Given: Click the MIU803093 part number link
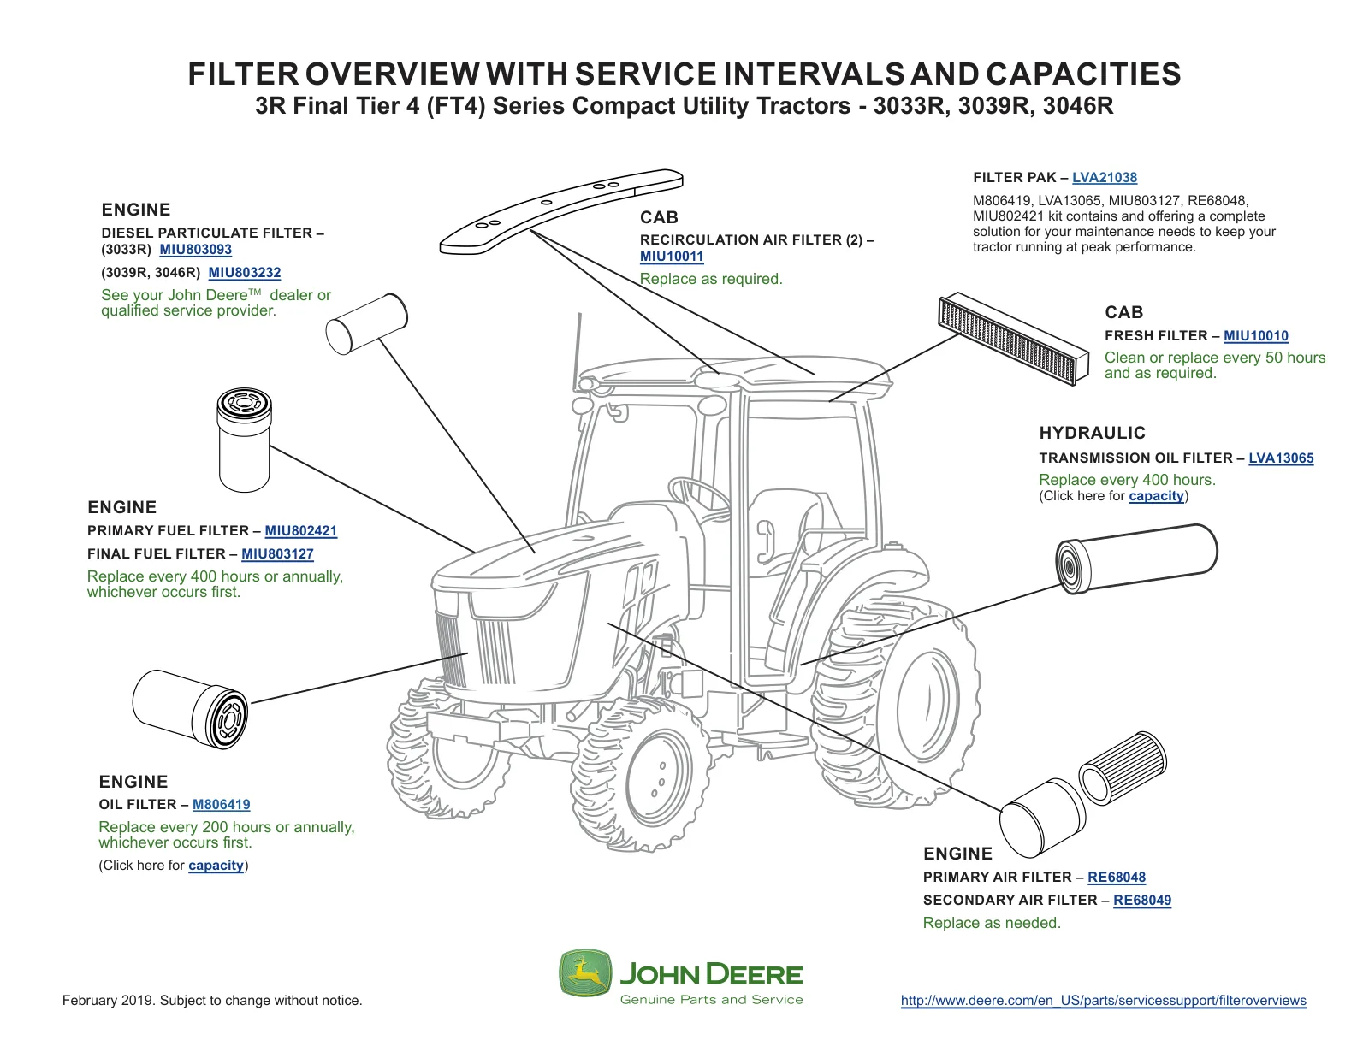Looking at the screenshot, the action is click(195, 250).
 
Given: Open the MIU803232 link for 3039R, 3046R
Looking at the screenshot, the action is click(245, 273).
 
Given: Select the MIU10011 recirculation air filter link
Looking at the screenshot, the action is click(672, 257).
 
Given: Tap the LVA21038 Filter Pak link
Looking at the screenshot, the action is click(1105, 178).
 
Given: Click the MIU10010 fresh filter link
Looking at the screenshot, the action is click(1255, 335).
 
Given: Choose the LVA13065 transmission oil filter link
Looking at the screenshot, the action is click(1281, 458).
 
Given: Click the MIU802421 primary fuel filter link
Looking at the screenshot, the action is click(300, 531).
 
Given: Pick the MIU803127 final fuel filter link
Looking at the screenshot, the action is click(277, 553).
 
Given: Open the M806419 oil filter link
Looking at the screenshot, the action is click(221, 804).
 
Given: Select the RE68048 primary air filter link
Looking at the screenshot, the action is click(1117, 878).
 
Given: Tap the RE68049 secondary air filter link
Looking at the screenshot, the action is click(1142, 901).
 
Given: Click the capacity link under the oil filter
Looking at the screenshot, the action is click(216, 866).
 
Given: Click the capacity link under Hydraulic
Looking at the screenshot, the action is click(1156, 496).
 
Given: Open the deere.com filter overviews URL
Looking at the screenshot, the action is click(1103, 1001).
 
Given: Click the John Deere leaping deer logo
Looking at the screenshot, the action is click(585, 973).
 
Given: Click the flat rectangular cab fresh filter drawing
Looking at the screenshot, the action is click(1013, 338).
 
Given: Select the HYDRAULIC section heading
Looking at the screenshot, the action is click(1093, 434).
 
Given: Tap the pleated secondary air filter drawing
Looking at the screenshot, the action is click(1123, 768).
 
